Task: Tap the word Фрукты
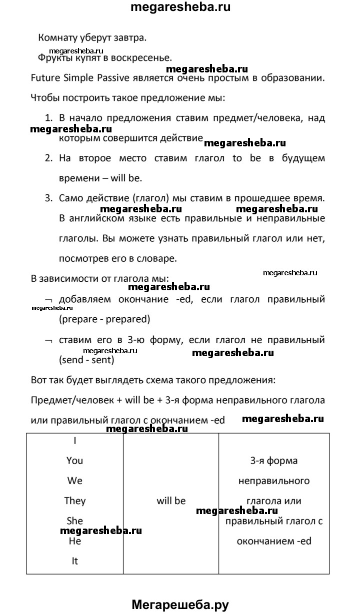click(53, 57)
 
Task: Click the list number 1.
click(48, 119)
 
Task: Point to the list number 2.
click(48, 158)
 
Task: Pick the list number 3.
click(48, 198)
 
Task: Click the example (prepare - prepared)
click(104, 318)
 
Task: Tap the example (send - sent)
click(86, 359)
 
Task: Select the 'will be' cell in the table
click(171, 501)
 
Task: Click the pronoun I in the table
click(74, 441)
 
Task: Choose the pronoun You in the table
click(74, 461)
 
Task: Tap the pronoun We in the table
click(74, 481)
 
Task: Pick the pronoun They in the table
click(74, 501)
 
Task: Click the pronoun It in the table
click(74, 561)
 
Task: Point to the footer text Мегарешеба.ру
click(180, 605)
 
